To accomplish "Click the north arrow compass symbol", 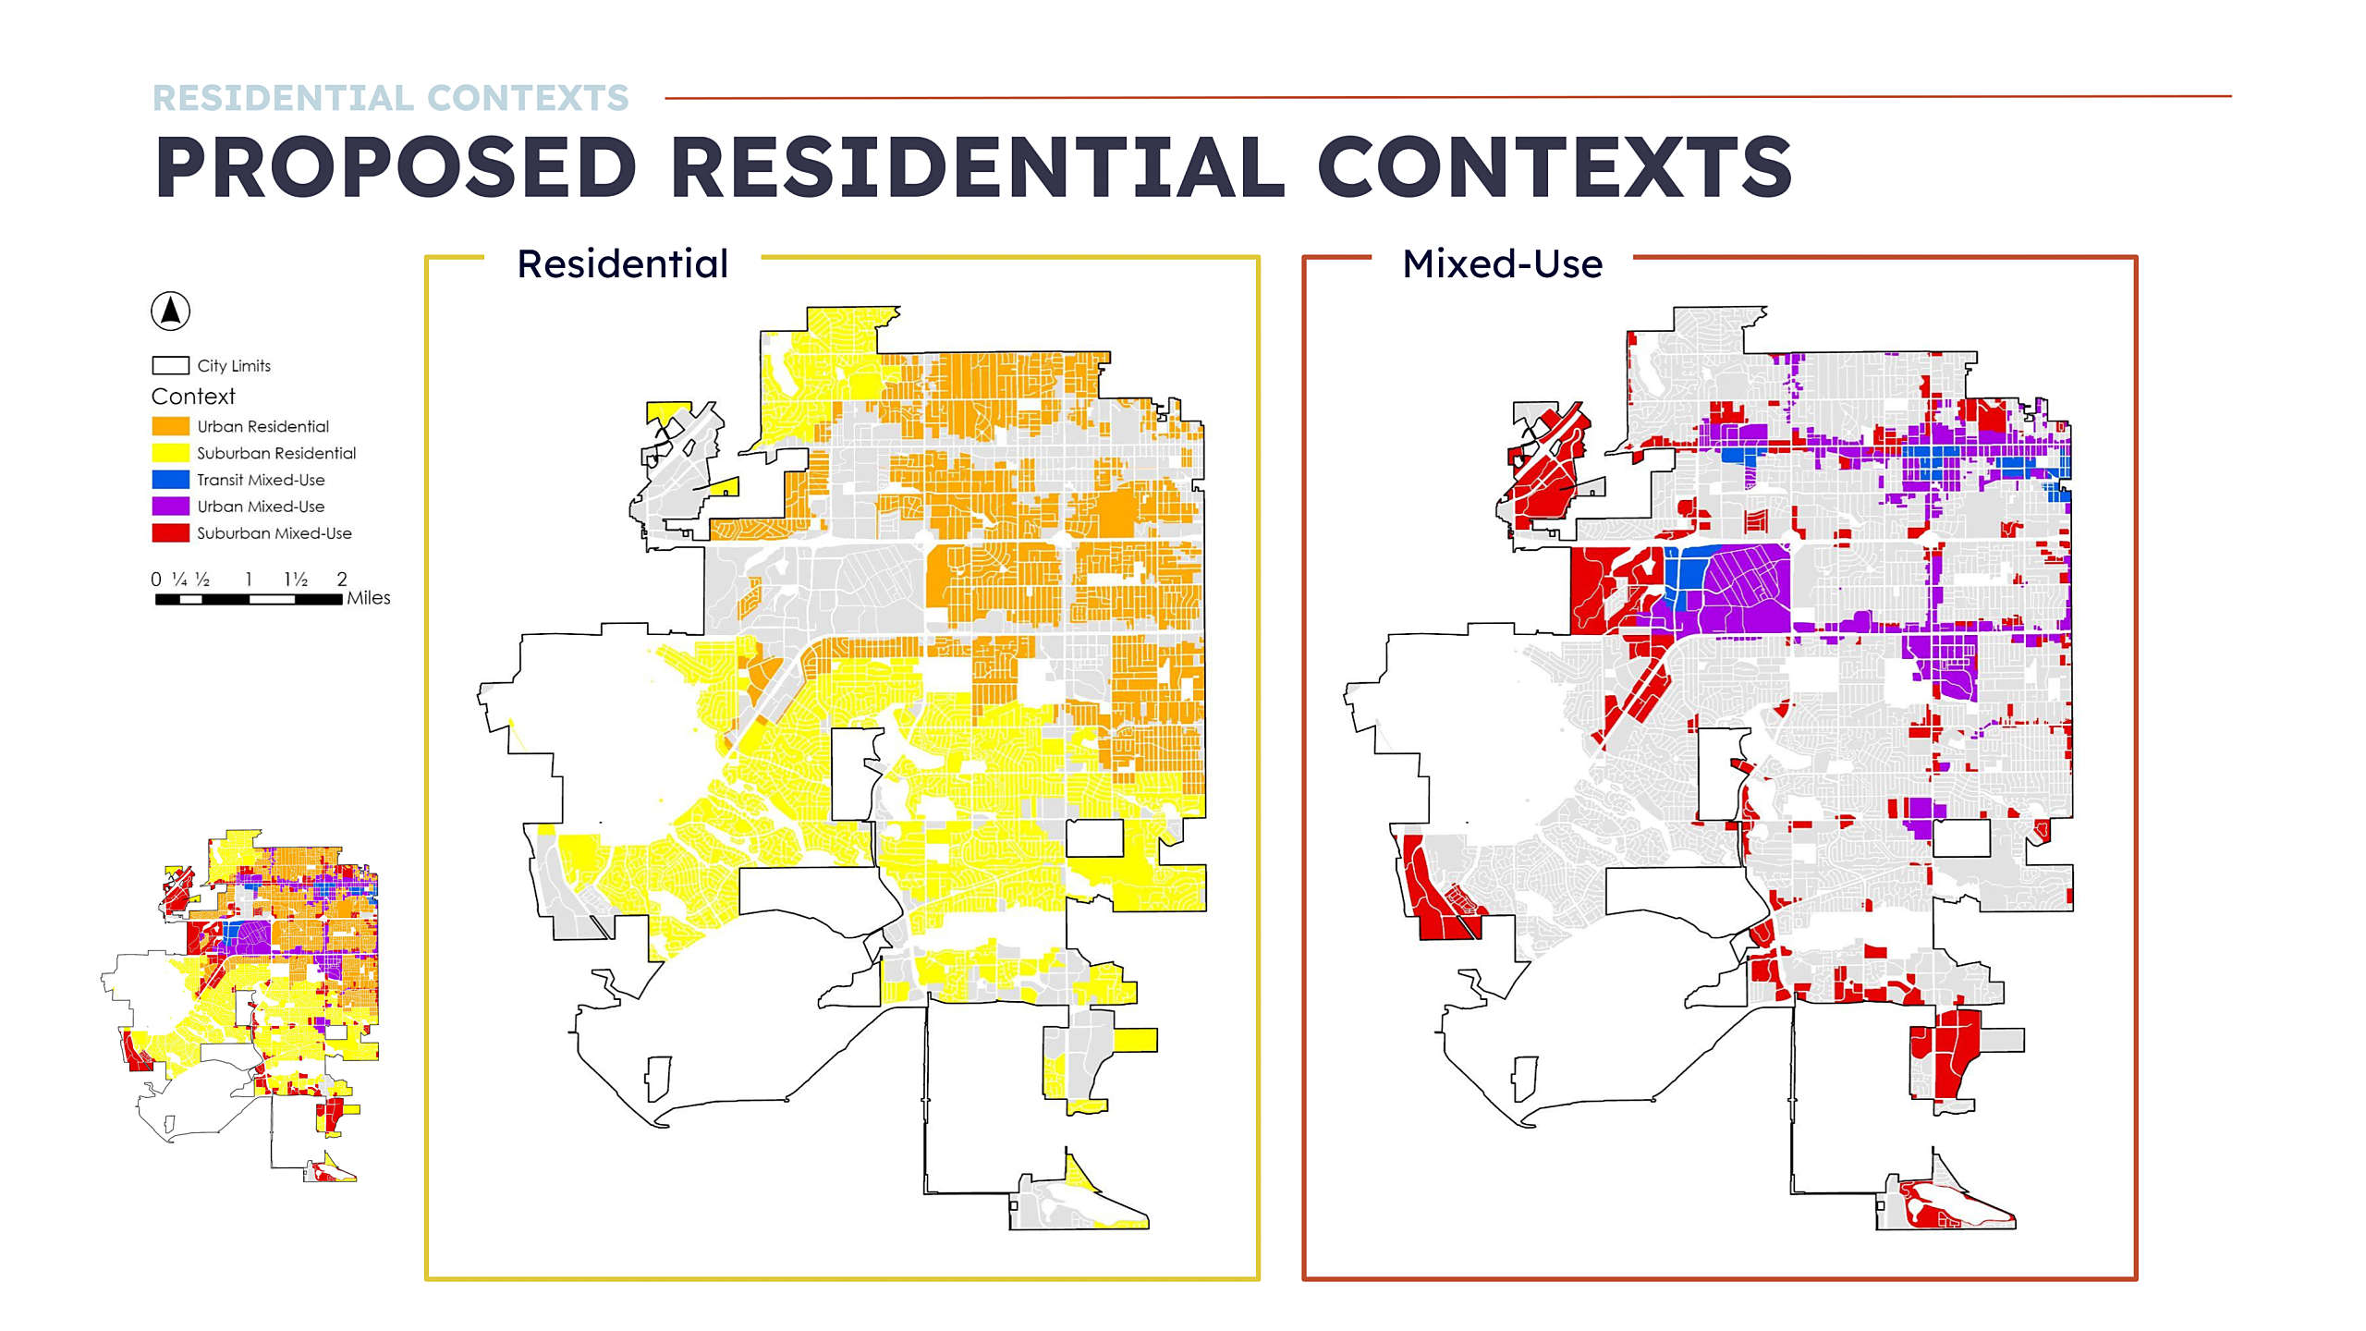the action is pyautogui.click(x=170, y=311).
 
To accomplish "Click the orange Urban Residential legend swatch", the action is pyautogui.click(x=170, y=426).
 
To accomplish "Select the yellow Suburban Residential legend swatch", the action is pyautogui.click(x=170, y=453).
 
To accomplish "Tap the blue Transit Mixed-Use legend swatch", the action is pyautogui.click(x=170, y=480).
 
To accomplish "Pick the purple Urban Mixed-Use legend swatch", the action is pyautogui.click(x=170, y=507).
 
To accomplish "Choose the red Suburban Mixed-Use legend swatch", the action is pyautogui.click(x=170, y=533).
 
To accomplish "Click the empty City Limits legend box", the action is pyautogui.click(x=170, y=366).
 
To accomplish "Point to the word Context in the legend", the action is pyautogui.click(x=193, y=397).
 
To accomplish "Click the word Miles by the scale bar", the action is pyautogui.click(x=369, y=598).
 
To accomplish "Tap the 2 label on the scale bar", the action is pyautogui.click(x=342, y=580).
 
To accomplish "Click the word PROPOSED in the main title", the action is pyautogui.click(x=396, y=166).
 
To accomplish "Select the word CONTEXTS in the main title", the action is pyautogui.click(x=1555, y=166).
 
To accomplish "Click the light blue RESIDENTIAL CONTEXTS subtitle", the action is pyautogui.click(x=390, y=98).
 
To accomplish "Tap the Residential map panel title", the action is pyautogui.click(x=623, y=264).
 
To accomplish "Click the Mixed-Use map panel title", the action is pyautogui.click(x=1503, y=264).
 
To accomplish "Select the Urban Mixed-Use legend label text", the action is pyautogui.click(x=261, y=507).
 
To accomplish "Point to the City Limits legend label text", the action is pyautogui.click(x=234, y=366).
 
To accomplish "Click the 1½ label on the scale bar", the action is pyautogui.click(x=296, y=580).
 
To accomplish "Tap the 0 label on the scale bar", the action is pyautogui.click(x=156, y=580).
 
